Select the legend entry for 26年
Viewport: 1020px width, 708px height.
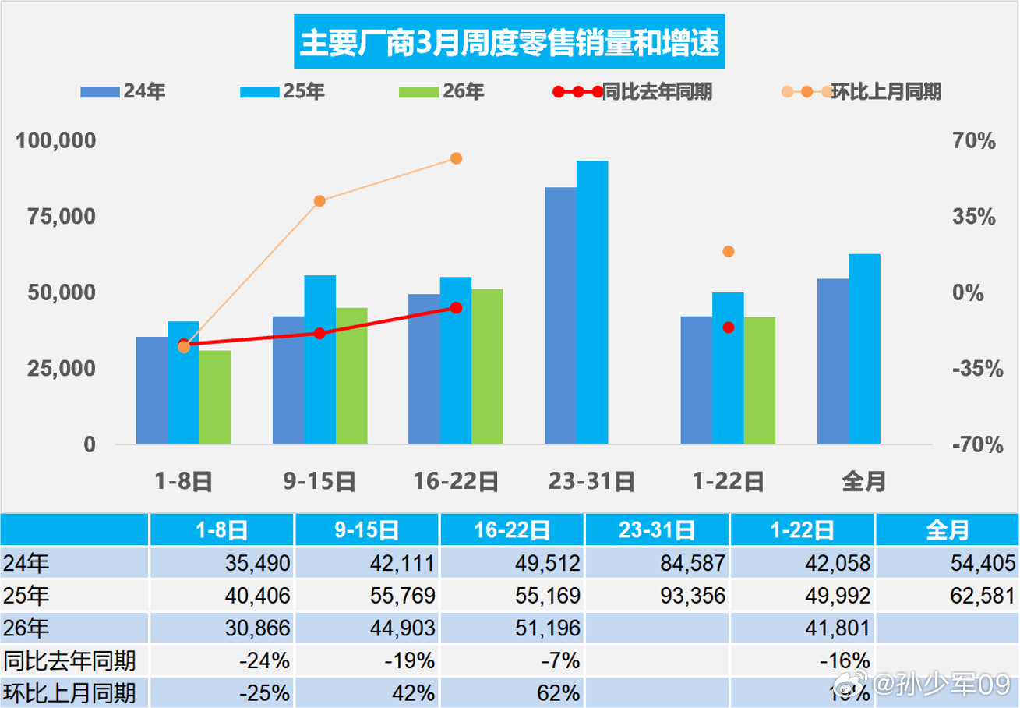click(442, 92)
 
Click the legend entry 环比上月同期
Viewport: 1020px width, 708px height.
click(861, 92)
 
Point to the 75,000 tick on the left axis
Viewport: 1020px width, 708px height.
click(55, 217)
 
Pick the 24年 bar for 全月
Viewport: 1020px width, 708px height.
click(832, 361)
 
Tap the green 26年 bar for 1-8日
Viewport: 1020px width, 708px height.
click(215, 398)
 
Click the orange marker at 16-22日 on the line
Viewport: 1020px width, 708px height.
click(457, 158)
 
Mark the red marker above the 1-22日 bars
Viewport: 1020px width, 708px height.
click(729, 327)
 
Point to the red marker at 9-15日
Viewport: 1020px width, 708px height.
click(319, 333)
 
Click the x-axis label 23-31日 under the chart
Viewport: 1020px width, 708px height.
click(592, 482)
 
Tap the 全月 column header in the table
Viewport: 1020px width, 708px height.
click(948, 531)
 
